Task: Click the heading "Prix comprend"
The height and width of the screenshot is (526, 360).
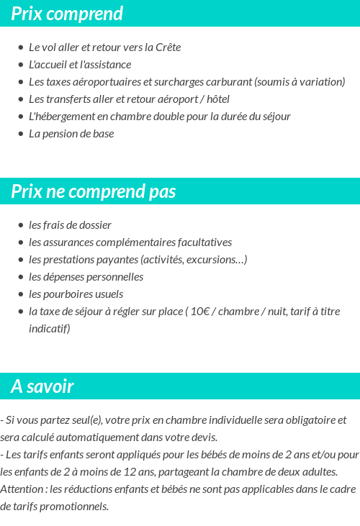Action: click(67, 14)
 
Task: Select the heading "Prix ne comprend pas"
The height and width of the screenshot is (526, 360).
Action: click(94, 191)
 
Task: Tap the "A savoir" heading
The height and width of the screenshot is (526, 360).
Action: click(42, 386)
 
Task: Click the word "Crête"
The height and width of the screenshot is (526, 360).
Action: click(167, 47)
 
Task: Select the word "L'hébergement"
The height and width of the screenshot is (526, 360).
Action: click(62, 117)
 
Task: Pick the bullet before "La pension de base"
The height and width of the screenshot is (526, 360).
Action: click(21, 134)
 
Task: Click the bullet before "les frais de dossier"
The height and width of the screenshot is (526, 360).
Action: click(21, 225)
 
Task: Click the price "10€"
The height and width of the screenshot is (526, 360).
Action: click(200, 312)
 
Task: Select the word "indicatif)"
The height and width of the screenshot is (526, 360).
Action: click(50, 329)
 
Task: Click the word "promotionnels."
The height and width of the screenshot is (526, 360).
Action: click(74, 507)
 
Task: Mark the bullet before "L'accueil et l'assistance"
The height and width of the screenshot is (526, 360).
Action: click(21, 65)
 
